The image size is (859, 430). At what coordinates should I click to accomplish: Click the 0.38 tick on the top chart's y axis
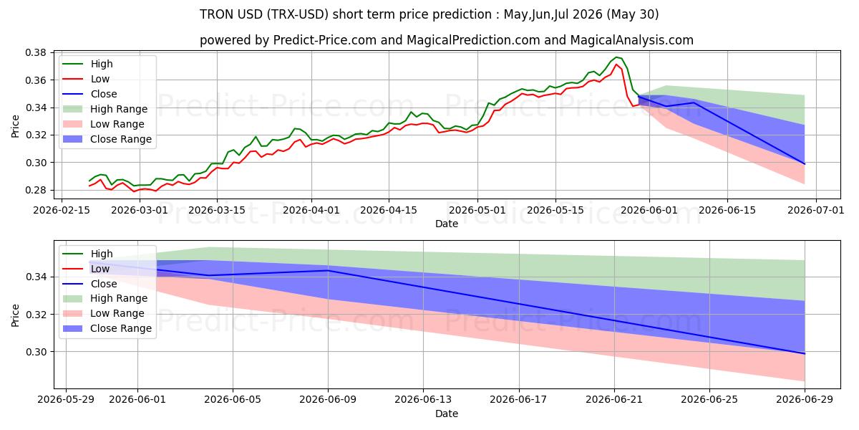point(35,52)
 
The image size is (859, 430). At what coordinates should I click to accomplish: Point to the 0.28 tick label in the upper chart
point(35,191)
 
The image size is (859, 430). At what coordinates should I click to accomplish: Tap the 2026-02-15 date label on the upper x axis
point(62,211)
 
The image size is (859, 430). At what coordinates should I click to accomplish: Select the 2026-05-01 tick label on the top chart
point(477,211)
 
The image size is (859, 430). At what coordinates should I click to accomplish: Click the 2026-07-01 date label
point(815,211)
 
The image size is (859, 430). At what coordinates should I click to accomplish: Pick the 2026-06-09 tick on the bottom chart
point(328,400)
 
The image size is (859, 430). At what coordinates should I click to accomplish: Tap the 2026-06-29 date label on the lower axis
point(805,400)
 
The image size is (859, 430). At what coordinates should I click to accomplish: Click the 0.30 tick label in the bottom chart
point(35,352)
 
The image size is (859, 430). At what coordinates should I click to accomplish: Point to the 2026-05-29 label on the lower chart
point(66,400)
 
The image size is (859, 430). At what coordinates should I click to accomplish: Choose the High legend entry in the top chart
point(102,64)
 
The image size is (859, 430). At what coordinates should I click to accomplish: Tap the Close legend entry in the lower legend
point(104,284)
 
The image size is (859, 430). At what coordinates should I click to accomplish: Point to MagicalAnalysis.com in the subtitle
point(631,40)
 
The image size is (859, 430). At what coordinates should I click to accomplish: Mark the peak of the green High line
point(616,57)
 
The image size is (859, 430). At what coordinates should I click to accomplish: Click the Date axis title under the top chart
point(447,224)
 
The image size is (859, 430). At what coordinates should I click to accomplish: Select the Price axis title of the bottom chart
point(15,315)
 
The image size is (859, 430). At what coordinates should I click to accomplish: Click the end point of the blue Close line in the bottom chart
point(805,353)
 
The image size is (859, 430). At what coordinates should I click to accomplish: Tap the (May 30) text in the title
point(633,14)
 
